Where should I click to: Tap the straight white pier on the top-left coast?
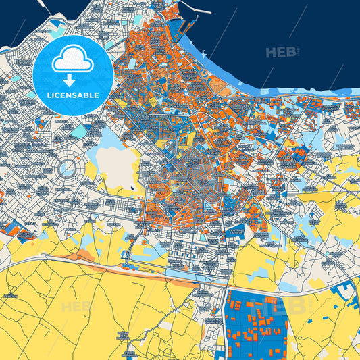[x=43, y=7]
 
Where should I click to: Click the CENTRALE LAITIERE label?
[x=237, y=233]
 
